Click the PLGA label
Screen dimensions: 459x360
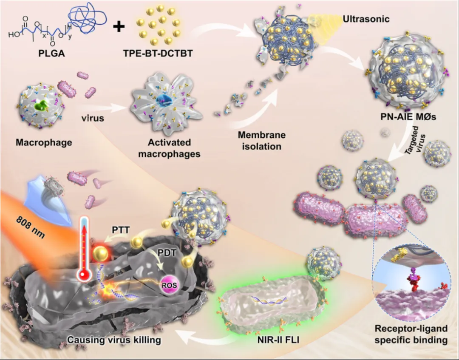[51, 53]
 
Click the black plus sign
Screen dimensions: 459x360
[119, 27]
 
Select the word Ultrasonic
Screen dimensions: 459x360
[366, 19]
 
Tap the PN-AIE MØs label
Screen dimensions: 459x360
[408, 117]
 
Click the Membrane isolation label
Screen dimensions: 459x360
[261, 141]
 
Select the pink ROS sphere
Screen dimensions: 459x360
[169, 285]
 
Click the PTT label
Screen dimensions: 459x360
[121, 230]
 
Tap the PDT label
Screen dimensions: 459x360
[167, 252]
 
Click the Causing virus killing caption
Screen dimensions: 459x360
[114, 340]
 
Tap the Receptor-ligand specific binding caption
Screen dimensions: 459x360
[411, 334]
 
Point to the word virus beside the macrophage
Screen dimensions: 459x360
[93, 118]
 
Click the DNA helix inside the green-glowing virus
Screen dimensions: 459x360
[269, 300]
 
